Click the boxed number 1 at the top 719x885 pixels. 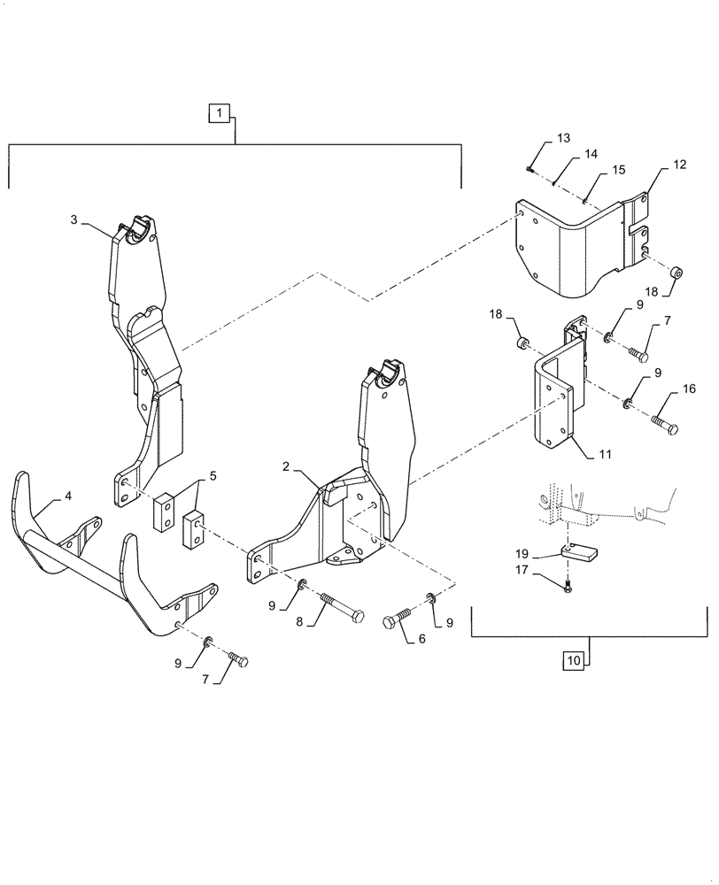click(220, 112)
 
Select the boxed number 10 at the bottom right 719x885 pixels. click(573, 659)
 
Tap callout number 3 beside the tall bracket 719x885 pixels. click(75, 219)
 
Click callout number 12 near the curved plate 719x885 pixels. click(679, 165)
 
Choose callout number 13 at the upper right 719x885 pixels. click(564, 138)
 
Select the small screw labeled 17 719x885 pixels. click(567, 588)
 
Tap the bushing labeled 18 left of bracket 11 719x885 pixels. click(522, 342)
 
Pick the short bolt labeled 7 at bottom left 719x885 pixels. click(238, 659)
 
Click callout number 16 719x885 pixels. click(689, 389)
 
